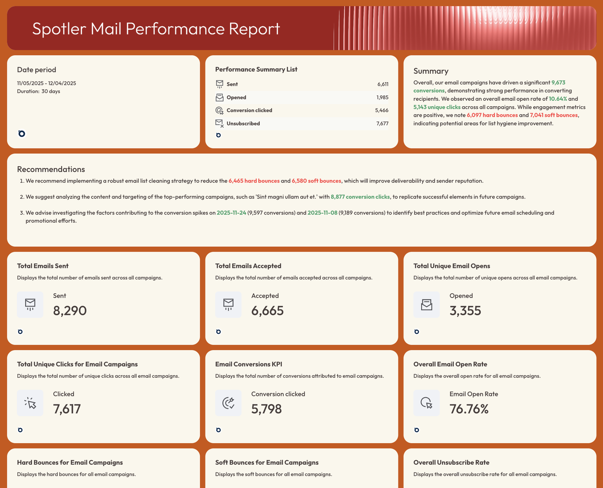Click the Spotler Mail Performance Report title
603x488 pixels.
[x=156, y=29]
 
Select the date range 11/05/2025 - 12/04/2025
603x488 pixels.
[x=47, y=83]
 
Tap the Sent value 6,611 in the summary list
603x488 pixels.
[x=382, y=84]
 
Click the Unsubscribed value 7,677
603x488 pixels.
[x=382, y=124]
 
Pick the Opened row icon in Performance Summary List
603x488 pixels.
[x=220, y=97]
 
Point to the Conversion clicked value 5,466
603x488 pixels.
[x=382, y=111]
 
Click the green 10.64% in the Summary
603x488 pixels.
[x=558, y=99]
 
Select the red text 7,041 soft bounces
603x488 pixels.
[x=554, y=115]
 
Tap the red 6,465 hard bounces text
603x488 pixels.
[x=254, y=181]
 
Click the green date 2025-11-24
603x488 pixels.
[x=231, y=213]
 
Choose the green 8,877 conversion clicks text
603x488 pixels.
[x=360, y=197]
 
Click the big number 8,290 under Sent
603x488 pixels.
[x=70, y=311]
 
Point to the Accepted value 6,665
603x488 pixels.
[x=267, y=311]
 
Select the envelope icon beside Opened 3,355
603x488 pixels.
[x=426, y=305]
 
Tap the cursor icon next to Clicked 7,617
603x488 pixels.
[x=30, y=403]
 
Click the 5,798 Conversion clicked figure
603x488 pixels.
[x=267, y=409]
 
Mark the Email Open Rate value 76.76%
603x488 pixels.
[x=469, y=409]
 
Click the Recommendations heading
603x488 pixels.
[x=51, y=169]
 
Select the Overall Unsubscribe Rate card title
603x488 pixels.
[x=451, y=463]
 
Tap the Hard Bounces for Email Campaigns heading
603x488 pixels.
[x=70, y=463]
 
